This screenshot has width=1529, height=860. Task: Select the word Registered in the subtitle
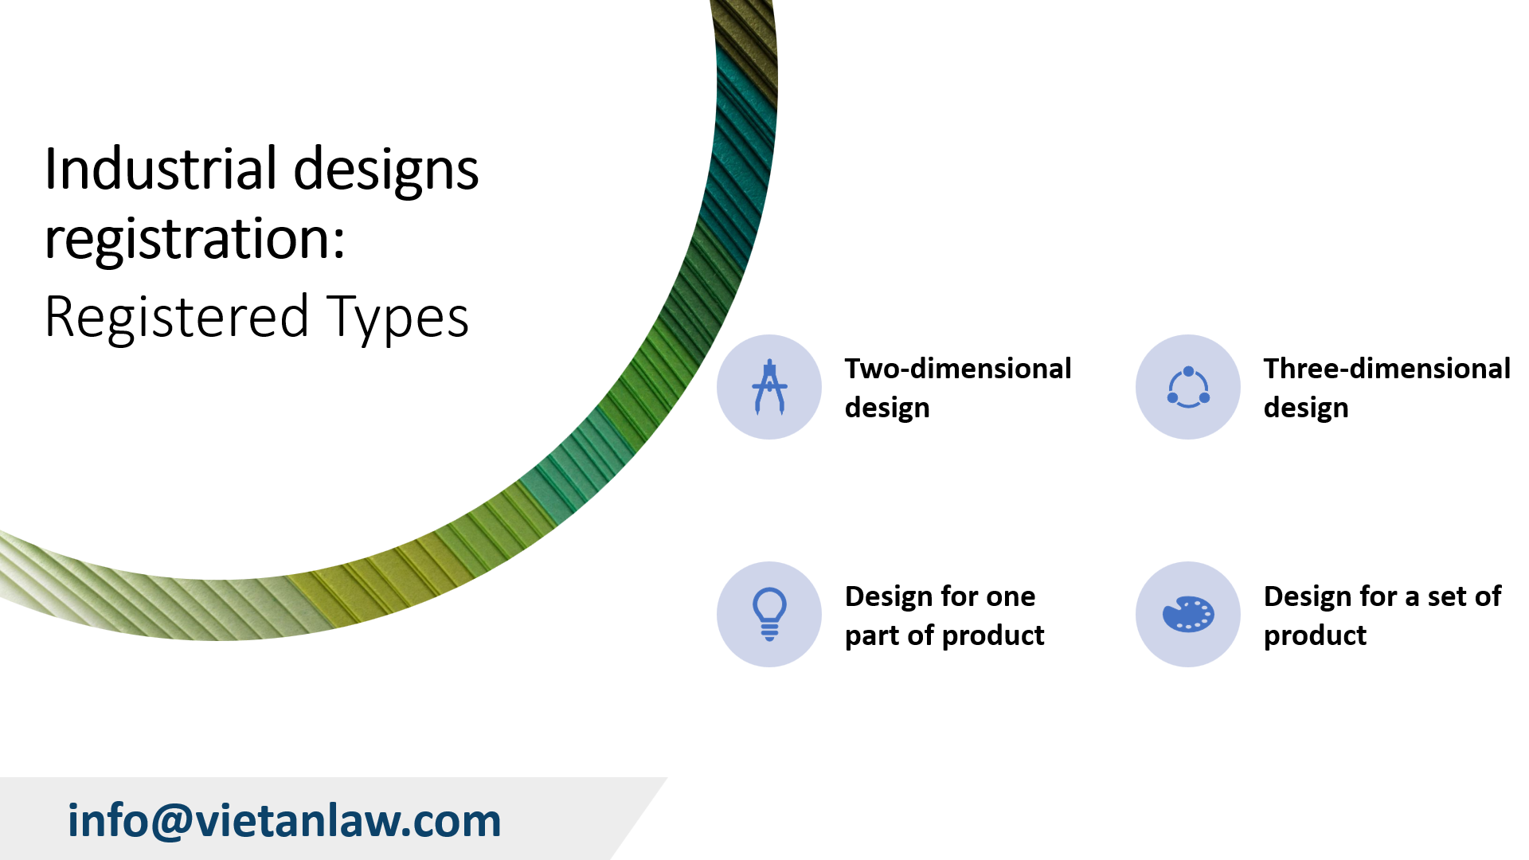click(177, 317)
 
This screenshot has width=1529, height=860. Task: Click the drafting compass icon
click(769, 387)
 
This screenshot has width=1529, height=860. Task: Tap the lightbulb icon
click(769, 614)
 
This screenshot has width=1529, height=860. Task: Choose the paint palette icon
click(1188, 614)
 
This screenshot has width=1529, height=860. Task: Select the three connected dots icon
click(1188, 387)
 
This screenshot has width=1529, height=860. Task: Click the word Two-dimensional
click(958, 369)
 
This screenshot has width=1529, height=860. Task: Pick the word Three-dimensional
click(1386, 369)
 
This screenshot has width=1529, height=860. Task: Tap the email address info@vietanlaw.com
click(284, 820)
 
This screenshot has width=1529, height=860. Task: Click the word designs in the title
click(386, 170)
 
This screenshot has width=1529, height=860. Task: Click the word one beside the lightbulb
click(1011, 596)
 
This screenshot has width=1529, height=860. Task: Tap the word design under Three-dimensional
click(1306, 408)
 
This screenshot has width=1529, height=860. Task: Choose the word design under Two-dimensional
click(887, 408)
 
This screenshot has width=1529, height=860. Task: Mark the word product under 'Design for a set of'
click(1315, 635)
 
